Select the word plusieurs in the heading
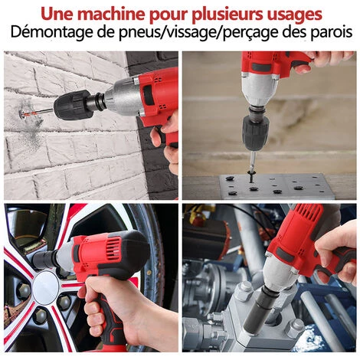click(x=227, y=15)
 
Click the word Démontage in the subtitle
click(x=48, y=33)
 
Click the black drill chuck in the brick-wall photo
click(x=73, y=105)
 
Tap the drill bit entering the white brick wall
click(x=36, y=113)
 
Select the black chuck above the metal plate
click(x=254, y=133)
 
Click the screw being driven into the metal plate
click(x=251, y=177)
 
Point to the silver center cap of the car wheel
click(x=45, y=288)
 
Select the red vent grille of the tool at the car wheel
click(x=114, y=249)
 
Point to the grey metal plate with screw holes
click(x=277, y=187)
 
